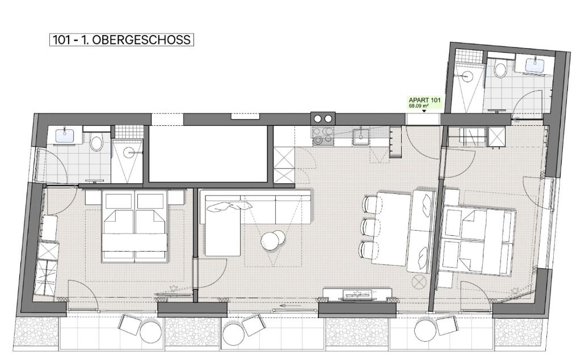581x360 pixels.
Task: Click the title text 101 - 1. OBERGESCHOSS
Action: click(121, 40)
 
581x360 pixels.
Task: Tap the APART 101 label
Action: click(424, 100)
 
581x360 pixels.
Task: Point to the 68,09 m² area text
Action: click(419, 106)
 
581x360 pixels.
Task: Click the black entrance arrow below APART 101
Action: click(424, 111)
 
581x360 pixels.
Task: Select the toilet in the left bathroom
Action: click(96, 141)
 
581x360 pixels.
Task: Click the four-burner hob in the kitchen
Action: click(323, 135)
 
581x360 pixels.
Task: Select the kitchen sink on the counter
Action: click(360, 136)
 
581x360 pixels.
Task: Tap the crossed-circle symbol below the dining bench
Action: click(419, 282)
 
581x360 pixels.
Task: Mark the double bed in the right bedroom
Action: click(476, 241)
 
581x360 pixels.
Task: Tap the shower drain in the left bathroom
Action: click(129, 151)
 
